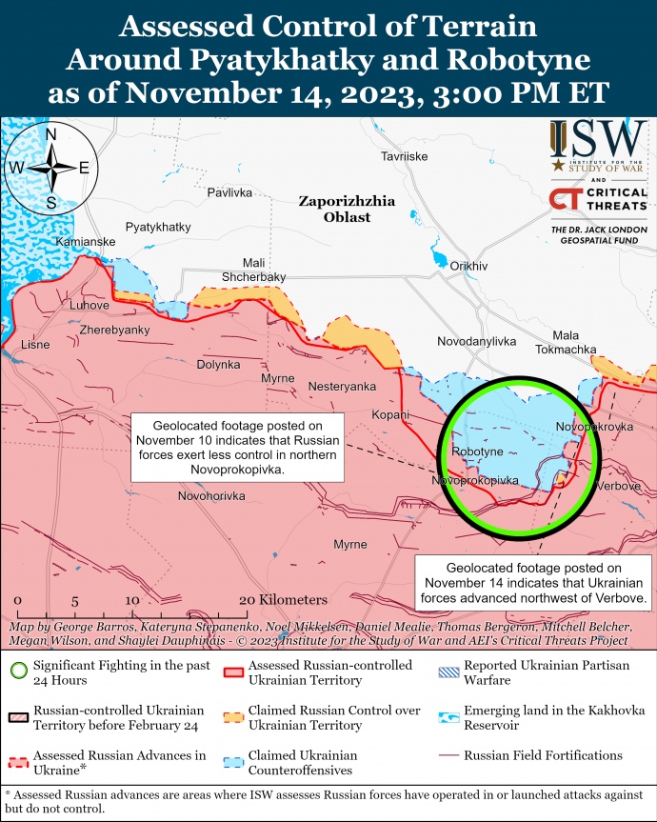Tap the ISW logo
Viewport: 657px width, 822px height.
tap(597, 144)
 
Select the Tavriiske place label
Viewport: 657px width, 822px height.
tap(404, 156)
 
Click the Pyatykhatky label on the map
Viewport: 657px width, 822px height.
tap(158, 228)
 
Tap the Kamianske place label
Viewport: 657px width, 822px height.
tap(86, 243)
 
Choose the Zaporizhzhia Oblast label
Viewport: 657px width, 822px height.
tap(347, 210)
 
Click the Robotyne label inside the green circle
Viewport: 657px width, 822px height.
tap(478, 451)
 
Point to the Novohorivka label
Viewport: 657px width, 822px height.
tap(211, 496)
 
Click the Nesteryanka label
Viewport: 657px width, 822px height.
tap(342, 386)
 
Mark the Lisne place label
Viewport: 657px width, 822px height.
tap(35, 344)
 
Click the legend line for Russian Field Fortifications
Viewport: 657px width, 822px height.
tap(448, 756)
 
